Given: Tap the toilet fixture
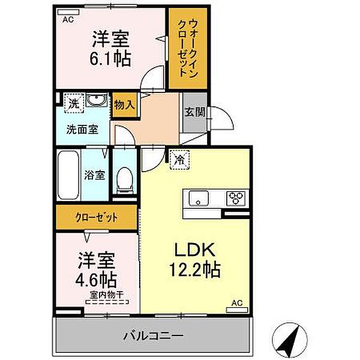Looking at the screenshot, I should (125, 178).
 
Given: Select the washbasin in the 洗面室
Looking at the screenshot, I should (94, 101).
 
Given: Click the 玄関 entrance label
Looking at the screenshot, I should (194, 111).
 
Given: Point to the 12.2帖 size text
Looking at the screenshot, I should (194, 269).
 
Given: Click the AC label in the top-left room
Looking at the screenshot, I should (68, 19).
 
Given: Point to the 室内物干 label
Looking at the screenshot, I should (106, 295).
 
